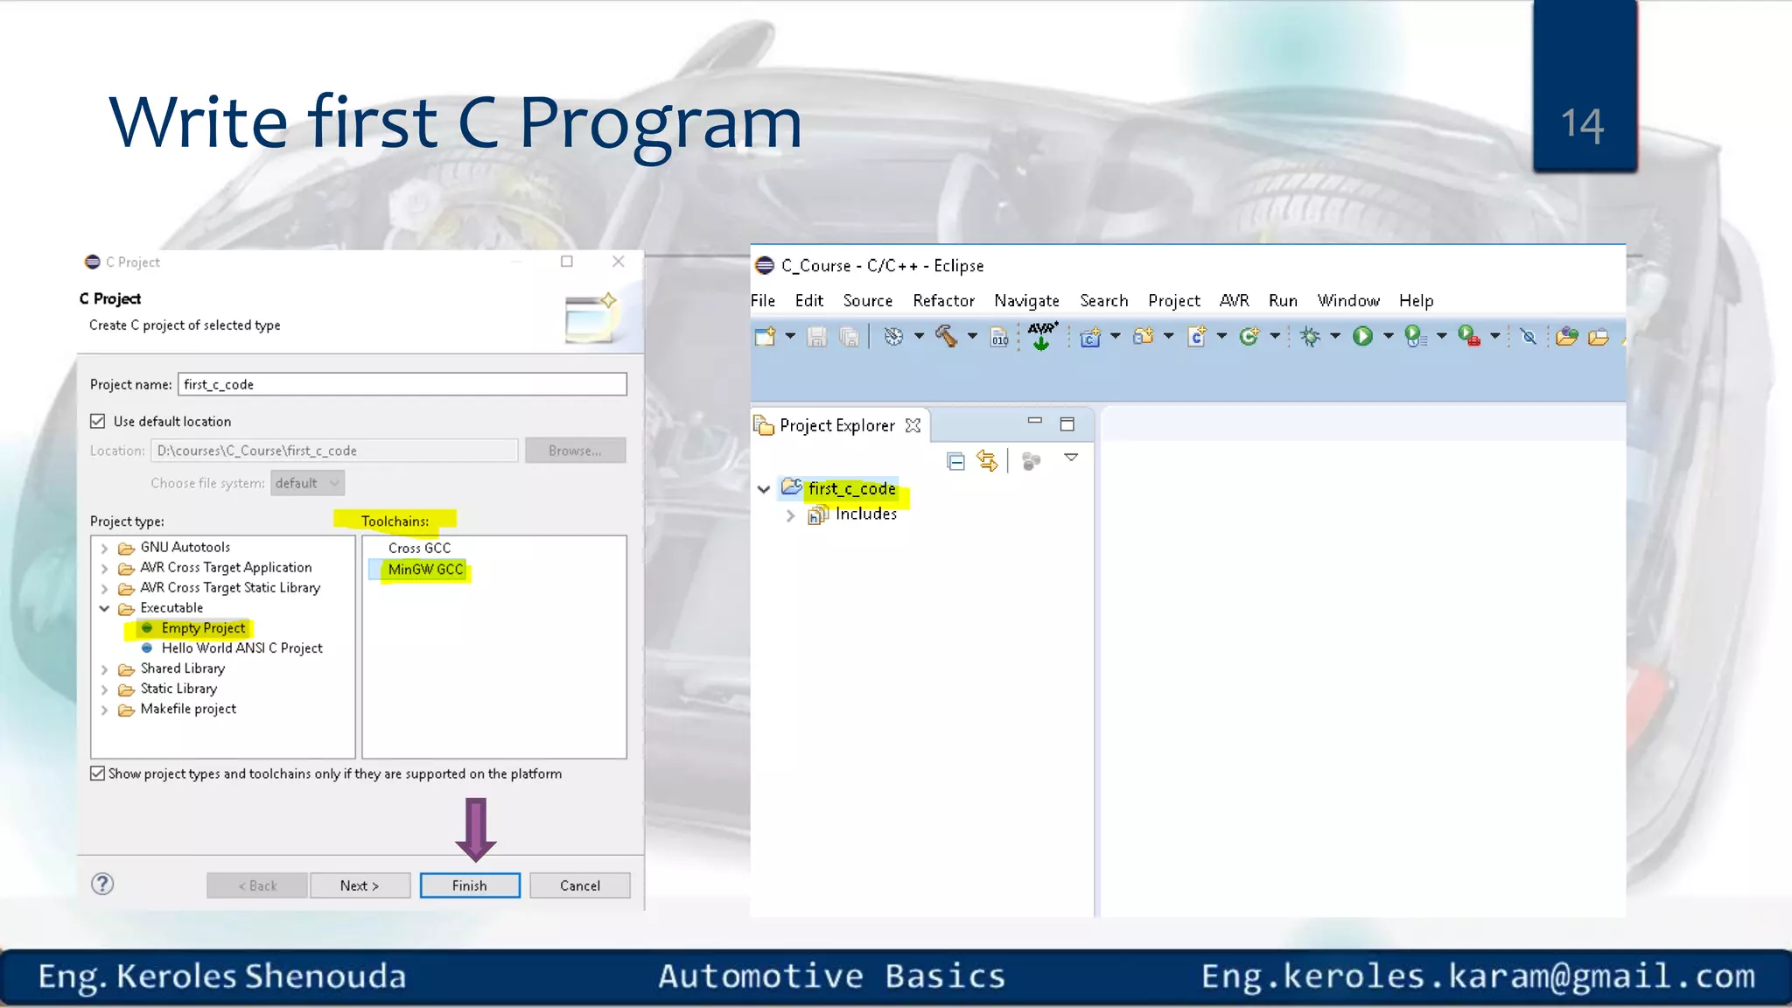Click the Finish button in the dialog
point(470,885)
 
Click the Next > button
point(360,885)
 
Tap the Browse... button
point(575,451)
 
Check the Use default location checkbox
point(98,422)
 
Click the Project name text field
point(402,384)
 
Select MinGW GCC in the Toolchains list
point(425,570)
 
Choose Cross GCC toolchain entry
point(419,549)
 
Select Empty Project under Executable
point(203,628)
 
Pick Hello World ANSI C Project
point(241,648)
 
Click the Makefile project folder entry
point(188,710)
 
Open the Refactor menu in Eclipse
point(943,301)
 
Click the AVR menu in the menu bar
point(1234,301)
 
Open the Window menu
point(1348,301)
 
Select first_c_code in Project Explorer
point(851,489)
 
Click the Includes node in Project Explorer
point(865,514)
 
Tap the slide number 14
point(1583,124)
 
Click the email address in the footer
point(1478,976)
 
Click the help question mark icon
point(102,885)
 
